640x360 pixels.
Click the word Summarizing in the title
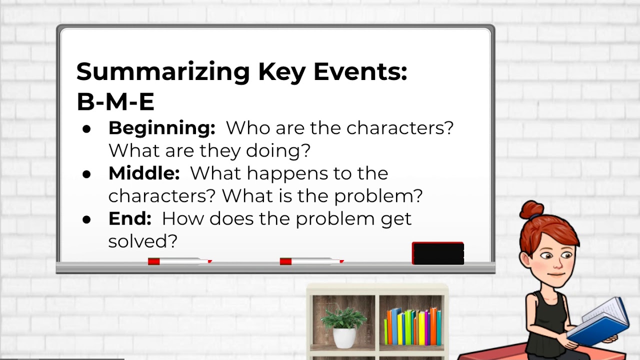(x=163, y=72)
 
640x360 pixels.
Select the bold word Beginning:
(x=161, y=128)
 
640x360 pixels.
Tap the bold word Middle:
(x=144, y=173)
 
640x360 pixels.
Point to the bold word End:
(x=130, y=219)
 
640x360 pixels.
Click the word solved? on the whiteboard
(x=143, y=241)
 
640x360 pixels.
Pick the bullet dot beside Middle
(x=87, y=174)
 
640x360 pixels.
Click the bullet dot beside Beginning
(x=87, y=129)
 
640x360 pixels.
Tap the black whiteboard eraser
(x=437, y=253)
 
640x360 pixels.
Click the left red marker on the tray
(x=179, y=261)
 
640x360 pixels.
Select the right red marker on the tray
(x=311, y=261)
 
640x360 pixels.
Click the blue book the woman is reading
(x=600, y=322)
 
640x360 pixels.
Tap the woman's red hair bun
(x=531, y=210)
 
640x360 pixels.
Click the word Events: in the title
(x=360, y=72)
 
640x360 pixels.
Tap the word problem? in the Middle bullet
(x=378, y=196)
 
